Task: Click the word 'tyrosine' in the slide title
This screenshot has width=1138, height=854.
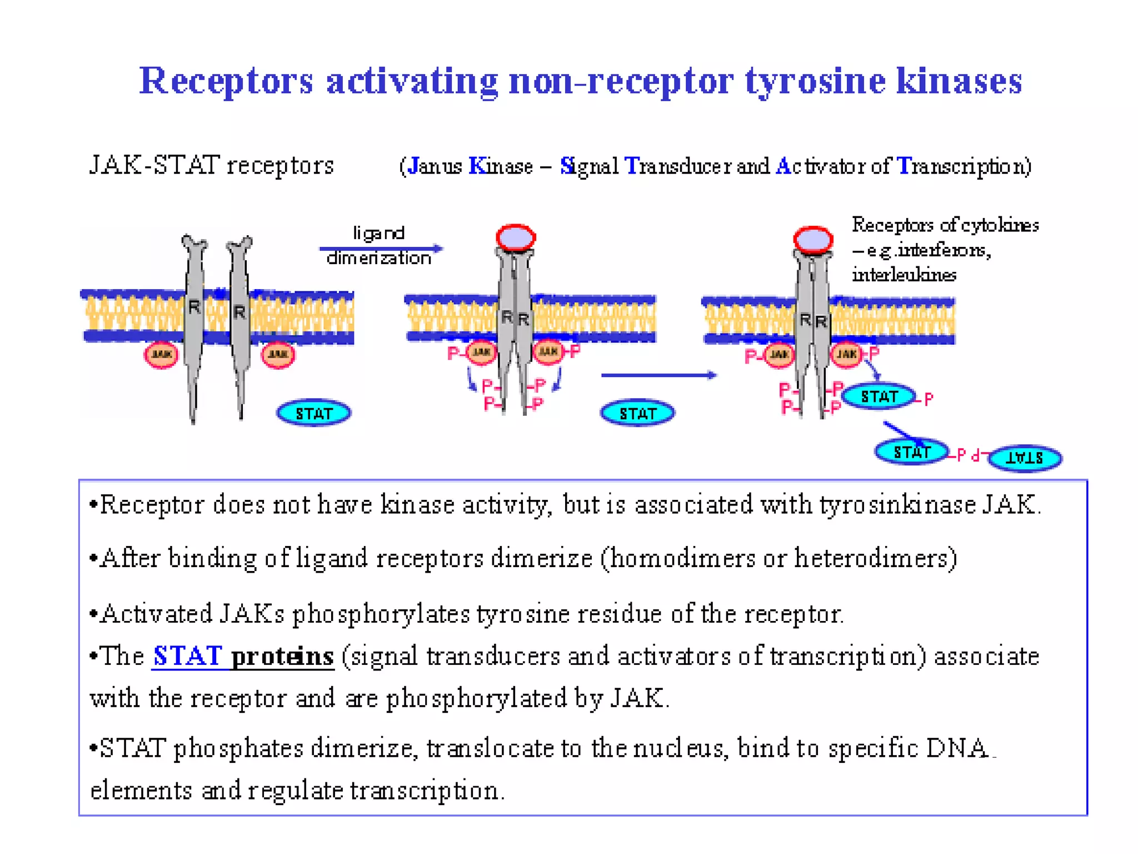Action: [814, 81]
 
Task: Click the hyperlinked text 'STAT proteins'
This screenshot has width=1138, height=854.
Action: [243, 657]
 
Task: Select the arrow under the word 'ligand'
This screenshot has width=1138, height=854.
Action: [381, 248]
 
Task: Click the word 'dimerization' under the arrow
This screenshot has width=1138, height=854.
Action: [379, 259]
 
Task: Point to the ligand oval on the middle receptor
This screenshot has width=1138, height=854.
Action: [516, 238]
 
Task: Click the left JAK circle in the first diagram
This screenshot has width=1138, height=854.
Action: [161, 354]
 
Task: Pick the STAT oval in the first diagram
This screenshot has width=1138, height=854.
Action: [313, 413]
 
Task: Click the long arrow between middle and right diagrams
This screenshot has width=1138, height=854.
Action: [658, 375]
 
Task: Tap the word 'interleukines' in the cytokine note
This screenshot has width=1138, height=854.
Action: [904, 275]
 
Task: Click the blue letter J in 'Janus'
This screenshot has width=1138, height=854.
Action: [413, 166]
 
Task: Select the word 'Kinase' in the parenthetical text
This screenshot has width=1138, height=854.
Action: [501, 166]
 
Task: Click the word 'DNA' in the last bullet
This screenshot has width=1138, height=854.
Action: [957, 748]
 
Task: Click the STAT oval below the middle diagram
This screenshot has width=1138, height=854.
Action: [637, 413]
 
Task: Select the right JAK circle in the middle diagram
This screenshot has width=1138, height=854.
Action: [548, 351]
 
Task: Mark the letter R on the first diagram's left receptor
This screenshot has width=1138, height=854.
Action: [194, 306]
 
